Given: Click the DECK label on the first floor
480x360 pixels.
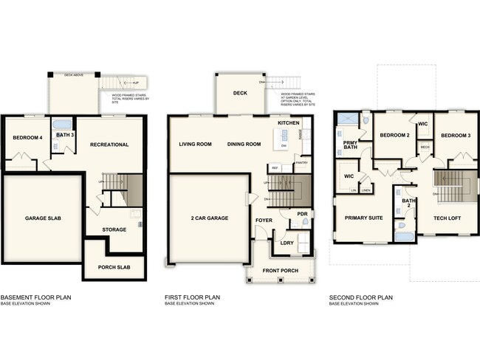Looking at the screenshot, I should (x=239, y=94).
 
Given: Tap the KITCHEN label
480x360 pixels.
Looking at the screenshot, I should (x=288, y=122).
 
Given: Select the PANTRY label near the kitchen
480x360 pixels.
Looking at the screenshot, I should (x=301, y=162).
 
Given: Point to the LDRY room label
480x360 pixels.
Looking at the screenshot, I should (x=287, y=242).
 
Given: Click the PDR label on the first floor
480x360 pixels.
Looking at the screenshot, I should (x=302, y=214).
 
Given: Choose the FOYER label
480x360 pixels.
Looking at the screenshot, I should (x=264, y=221).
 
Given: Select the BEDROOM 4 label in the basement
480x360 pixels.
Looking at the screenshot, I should (x=26, y=138).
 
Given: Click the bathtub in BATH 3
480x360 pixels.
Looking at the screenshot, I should (x=62, y=124).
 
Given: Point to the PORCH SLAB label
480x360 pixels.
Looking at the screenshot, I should (x=114, y=267).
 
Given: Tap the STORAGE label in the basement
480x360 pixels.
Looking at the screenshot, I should (x=114, y=229).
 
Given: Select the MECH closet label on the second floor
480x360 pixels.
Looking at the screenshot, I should (x=425, y=148).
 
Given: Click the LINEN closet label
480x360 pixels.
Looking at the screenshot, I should (x=366, y=190).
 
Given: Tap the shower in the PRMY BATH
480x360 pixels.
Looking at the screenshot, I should (x=365, y=118).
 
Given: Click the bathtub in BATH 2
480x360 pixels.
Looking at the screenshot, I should (x=404, y=236).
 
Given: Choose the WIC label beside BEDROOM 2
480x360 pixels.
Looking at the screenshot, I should (x=422, y=124).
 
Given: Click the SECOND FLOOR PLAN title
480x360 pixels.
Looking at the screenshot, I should (x=360, y=297).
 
